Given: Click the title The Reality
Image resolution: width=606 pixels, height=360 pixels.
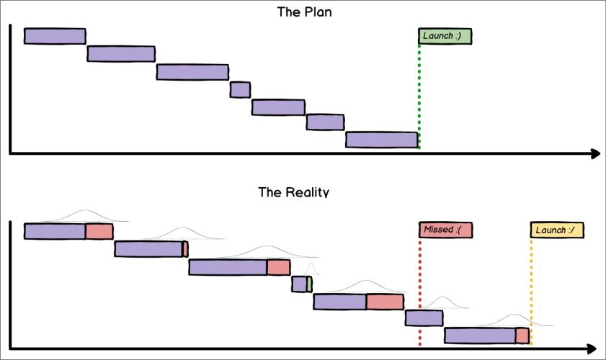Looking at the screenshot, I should tap(293, 192).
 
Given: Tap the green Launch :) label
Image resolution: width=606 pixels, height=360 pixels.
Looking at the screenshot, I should tap(445, 36).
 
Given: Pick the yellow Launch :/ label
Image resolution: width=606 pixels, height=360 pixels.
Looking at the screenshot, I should tap(556, 230).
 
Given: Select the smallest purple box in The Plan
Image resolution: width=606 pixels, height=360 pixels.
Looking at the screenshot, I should tap(240, 89).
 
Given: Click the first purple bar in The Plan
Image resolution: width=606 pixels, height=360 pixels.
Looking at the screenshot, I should tap(55, 36).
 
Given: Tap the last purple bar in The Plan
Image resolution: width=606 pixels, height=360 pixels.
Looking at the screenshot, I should tap(381, 140).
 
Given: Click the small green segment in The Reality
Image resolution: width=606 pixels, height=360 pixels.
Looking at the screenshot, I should tap(309, 284).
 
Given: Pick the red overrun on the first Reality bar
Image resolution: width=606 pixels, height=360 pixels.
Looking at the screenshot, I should tap(99, 231).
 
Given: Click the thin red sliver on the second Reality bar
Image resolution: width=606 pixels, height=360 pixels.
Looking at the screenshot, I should tap(185, 249).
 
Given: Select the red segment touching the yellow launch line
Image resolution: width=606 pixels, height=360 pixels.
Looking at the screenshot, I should tap(522, 336).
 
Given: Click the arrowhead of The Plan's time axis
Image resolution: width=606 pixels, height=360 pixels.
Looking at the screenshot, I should tap(595, 153).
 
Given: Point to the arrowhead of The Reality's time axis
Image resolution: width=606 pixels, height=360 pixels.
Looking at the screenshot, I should tap(595, 349).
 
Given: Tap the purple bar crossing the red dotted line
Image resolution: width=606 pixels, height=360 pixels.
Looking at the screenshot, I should tap(424, 318).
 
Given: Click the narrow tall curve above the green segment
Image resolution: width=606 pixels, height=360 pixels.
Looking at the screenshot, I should tap(311, 270).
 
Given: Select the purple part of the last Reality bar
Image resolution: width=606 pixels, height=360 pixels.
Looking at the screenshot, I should tap(480, 336).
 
